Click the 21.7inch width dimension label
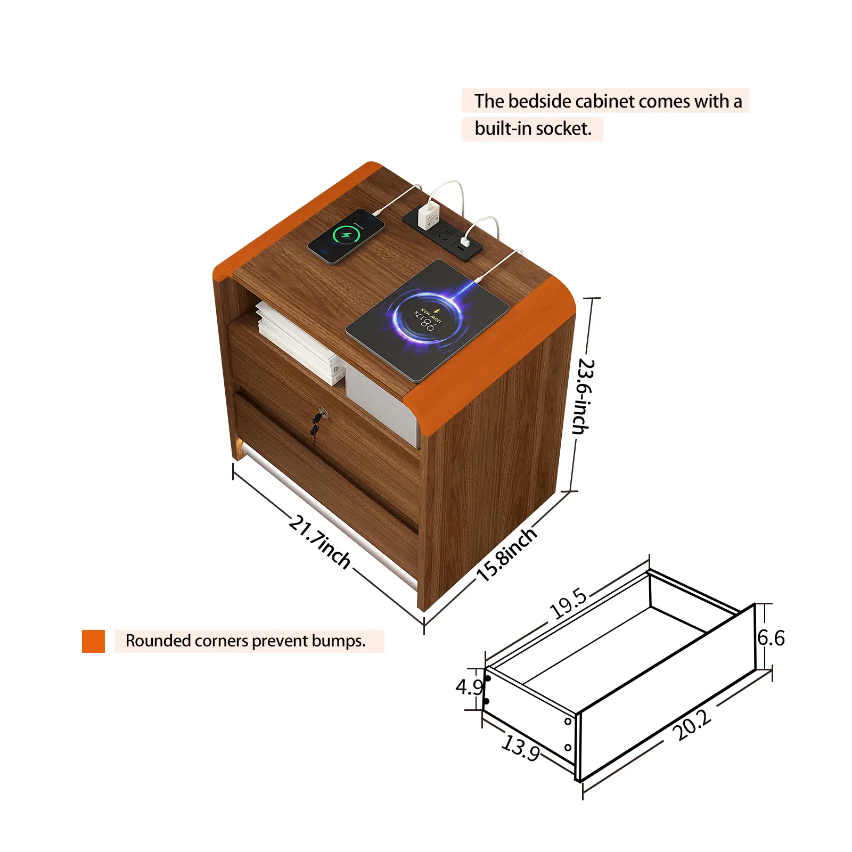319,541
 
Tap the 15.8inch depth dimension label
506,554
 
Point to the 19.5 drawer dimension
568,604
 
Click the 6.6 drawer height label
771,637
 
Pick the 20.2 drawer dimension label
691,725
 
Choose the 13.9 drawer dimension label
521,747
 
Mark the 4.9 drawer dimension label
469,687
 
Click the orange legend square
93,641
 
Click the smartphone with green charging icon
346,235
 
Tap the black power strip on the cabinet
442,234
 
